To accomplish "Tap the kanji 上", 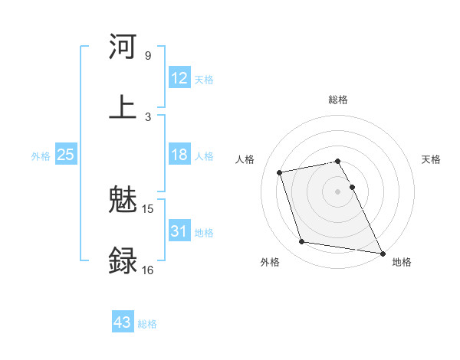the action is click(x=123, y=106).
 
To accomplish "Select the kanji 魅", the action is click(x=123, y=201).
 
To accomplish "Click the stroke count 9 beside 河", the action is click(x=147, y=56).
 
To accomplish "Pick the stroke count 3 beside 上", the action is click(x=147, y=116).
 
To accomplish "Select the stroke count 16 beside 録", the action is click(x=148, y=270).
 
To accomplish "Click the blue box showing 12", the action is click(x=179, y=78).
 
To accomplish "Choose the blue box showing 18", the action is click(x=179, y=155).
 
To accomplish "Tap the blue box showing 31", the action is click(x=179, y=231).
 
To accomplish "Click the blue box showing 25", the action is click(x=66, y=155).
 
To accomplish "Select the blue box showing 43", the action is click(x=123, y=322).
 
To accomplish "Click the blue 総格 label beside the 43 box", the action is click(x=147, y=324).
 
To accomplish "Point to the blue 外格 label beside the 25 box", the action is click(x=41, y=156).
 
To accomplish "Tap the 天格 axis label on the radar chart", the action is click(x=431, y=159).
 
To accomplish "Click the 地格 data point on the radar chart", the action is click(x=382, y=252).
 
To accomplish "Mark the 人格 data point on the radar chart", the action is click(x=280, y=172).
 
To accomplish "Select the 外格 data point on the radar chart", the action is click(x=302, y=242).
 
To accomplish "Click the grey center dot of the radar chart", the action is click(x=338, y=191).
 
